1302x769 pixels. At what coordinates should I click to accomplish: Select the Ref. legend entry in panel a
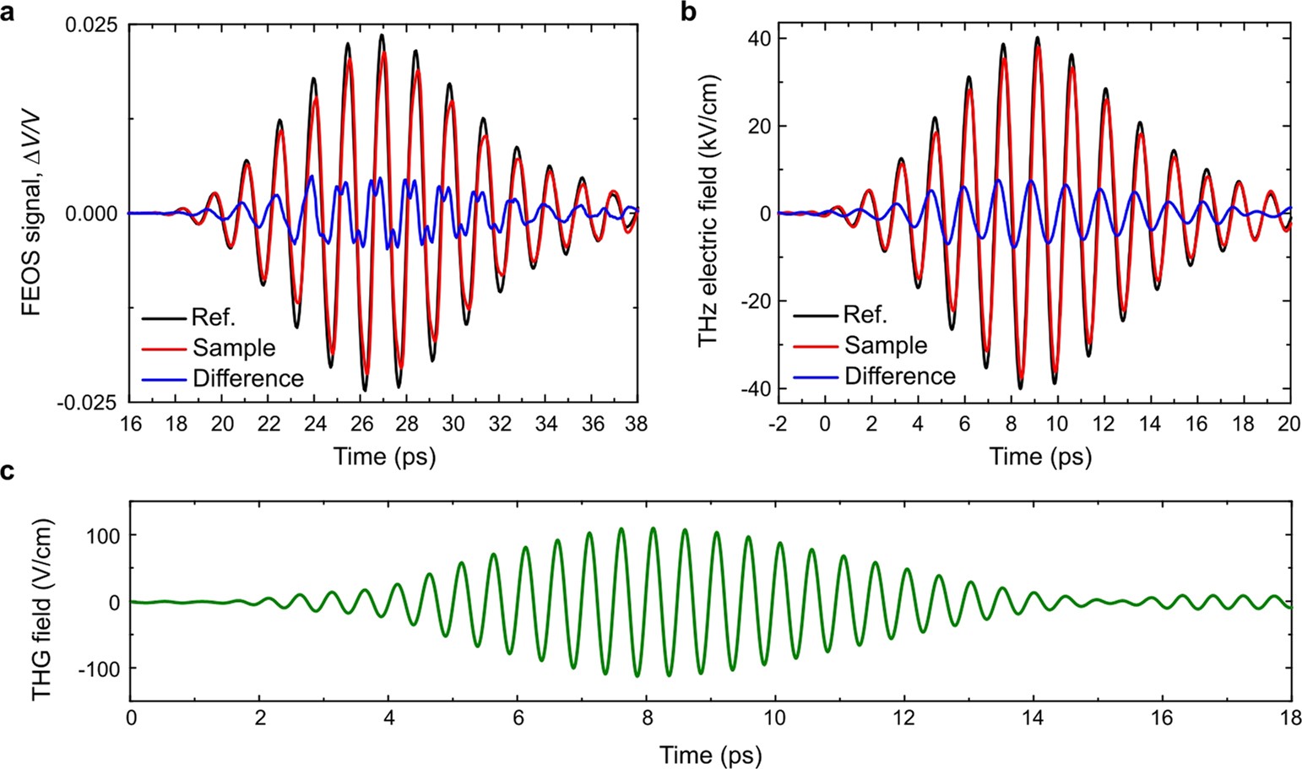point(213,318)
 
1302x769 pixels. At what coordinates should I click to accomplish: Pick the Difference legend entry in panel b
point(899,376)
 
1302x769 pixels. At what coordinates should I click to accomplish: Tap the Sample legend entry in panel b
point(885,345)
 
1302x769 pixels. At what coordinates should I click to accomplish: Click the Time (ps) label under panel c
point(710,752)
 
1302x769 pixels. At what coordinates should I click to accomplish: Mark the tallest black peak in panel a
point(382,35)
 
